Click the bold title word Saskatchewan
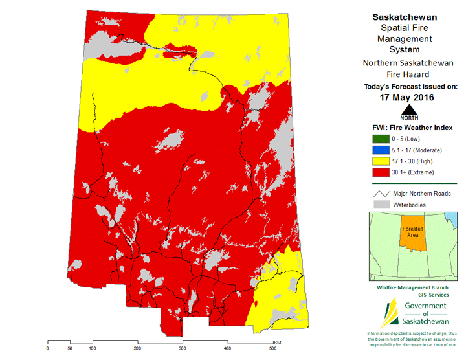click(409, 17)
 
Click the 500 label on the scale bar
click(273, 348)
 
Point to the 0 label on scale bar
click(47, 348)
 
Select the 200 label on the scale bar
click(138, 348)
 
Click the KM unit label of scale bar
click(277, 341)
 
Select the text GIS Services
click(408, 293)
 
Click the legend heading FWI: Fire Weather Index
click(409, 128)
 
